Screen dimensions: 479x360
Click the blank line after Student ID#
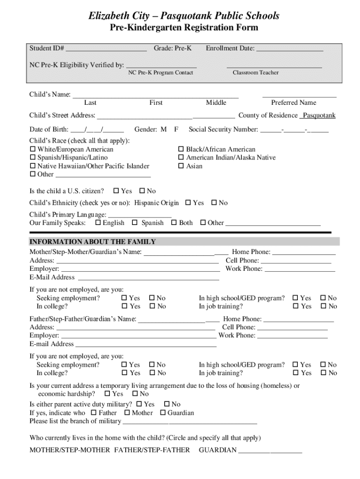(107, 49)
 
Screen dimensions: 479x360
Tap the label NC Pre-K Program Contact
(160, 73)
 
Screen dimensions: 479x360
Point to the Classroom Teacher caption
(255, 73)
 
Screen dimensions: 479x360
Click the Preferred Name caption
(294, 103)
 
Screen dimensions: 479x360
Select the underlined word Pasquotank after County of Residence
(319, 116)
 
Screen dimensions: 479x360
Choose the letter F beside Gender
(176, 130)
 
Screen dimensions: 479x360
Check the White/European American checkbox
(33, 150)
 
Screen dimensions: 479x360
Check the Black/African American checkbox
(181, 150)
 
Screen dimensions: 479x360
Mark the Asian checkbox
(181, 167)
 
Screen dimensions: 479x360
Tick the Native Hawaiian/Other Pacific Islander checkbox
(33, 167)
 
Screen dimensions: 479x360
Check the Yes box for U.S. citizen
(116, 191)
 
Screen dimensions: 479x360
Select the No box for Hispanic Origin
(214, 203)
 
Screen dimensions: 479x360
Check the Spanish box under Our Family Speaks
(134, 223)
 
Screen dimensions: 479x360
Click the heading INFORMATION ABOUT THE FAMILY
(93, 242)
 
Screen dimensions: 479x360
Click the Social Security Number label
(223, 130)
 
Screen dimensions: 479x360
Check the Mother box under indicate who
(127, 413)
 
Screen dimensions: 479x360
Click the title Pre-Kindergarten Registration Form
(184, 28)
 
